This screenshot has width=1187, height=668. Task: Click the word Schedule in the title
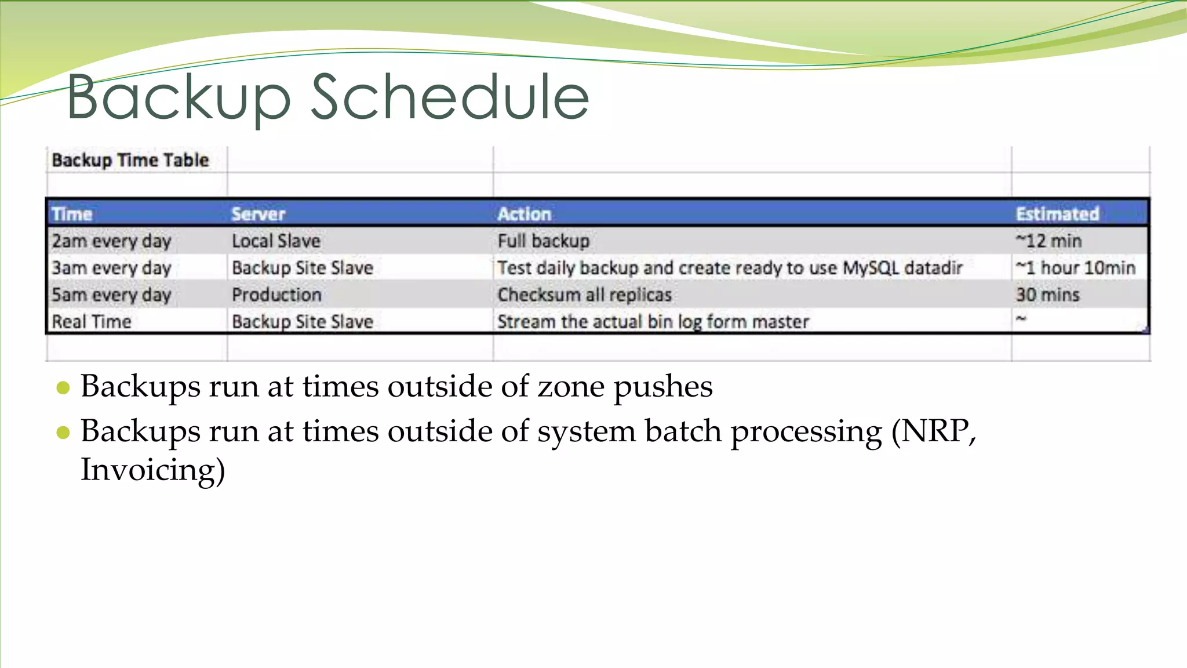449,97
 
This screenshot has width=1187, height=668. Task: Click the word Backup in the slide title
178,97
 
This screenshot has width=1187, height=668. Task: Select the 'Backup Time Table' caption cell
130,160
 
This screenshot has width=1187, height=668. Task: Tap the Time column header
72,214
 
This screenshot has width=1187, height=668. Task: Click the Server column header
258,214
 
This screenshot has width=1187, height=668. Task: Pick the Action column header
524,214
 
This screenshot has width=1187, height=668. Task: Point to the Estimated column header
1057,214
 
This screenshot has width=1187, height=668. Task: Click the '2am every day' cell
111,241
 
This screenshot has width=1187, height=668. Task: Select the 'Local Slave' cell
276,241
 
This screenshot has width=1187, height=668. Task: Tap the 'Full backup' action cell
543,241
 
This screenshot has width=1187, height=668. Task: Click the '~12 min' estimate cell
1048,241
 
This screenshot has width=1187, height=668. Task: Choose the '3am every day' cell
111,268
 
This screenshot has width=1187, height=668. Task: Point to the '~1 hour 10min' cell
1075,268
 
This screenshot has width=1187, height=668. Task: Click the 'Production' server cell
276,295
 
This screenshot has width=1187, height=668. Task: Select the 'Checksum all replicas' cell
584,295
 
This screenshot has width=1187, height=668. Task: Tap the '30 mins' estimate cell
1047,295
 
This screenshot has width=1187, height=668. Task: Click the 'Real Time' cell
92,321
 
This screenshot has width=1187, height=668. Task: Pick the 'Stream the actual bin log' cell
653,321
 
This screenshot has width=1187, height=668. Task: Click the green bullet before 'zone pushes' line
63,388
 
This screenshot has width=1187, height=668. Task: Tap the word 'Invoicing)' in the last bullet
152,470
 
